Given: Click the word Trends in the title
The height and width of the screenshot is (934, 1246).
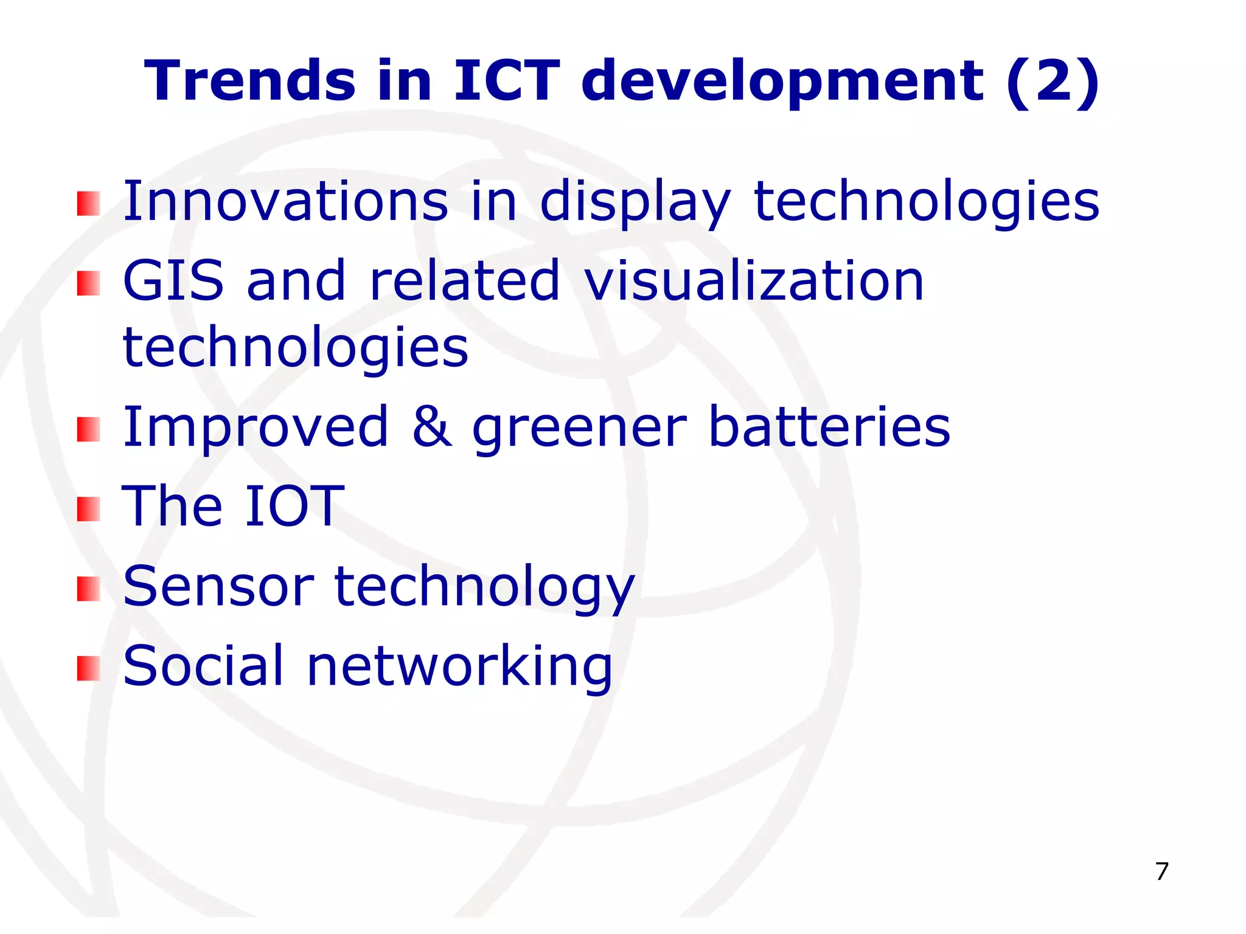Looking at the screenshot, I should pos(249,81).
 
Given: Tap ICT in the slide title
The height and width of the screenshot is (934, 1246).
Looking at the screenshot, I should pos(506,81).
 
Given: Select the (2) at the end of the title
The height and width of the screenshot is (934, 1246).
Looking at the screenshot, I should pos(1053,82).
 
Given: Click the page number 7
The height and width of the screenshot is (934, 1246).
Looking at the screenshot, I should pos(1161,871).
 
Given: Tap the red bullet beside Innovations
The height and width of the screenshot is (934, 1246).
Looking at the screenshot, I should pos(88,204).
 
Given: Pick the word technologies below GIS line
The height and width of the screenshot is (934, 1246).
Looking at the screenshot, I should pos(296,348).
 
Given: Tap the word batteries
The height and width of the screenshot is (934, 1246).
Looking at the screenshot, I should pos(829,427).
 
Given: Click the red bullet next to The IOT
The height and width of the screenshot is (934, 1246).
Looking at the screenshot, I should pos(88,509).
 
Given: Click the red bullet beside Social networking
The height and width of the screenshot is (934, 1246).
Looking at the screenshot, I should pos(88,669).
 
